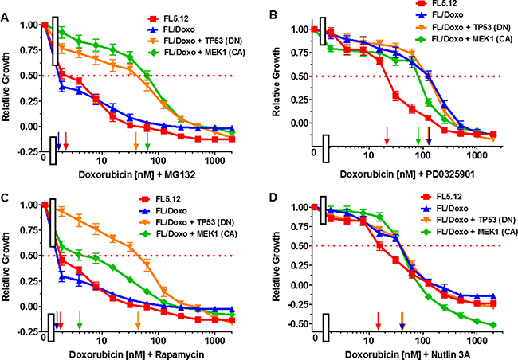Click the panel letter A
(6, 11)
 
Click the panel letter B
(273, 14)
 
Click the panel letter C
(6, 192)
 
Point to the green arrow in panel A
(147, 140)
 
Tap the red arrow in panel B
(387, 136)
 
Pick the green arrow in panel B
(418, 136)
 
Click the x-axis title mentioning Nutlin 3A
(389, 351)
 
